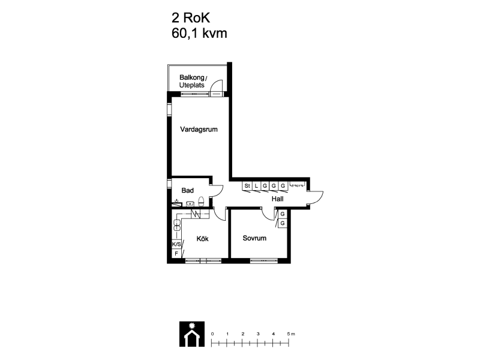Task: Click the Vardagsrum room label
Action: pyautogui.click(x=199, y=130)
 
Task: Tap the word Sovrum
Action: pyautogui.click(x=254, y=238)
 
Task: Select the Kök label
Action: pyautogui.click(x=202, y=238)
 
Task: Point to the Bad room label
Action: pyautogui.click(x=187, y=190)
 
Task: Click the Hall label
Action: pyautogui.click(x=277, y=199)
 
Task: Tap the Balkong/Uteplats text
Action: pyautogui.click(x=193, y=81)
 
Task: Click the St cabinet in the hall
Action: pyautogui.click(x=247, y=186)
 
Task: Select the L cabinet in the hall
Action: pyautogui.click(x=256, y=186)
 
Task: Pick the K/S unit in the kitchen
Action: pyautogui.click(x=176, y=244)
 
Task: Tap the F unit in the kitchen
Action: pyautogui.click(x=176, y=253)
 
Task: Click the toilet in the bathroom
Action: pyautogui.click(x=201, y=202)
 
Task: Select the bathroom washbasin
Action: pyautogui.click(x=190, y=203)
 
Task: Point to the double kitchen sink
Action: pyautogui.click(x=177, y=225)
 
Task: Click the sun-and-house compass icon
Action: pyautogui.click(x=192, y=334)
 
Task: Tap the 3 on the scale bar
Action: pyautogui.click(x=258, y=334)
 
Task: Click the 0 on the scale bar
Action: pyautogui.click(x=212, y=334)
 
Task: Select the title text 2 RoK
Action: pyautogui.click(x=191, y=18)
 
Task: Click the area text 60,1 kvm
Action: pyautogui.click(x=199, y=33)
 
